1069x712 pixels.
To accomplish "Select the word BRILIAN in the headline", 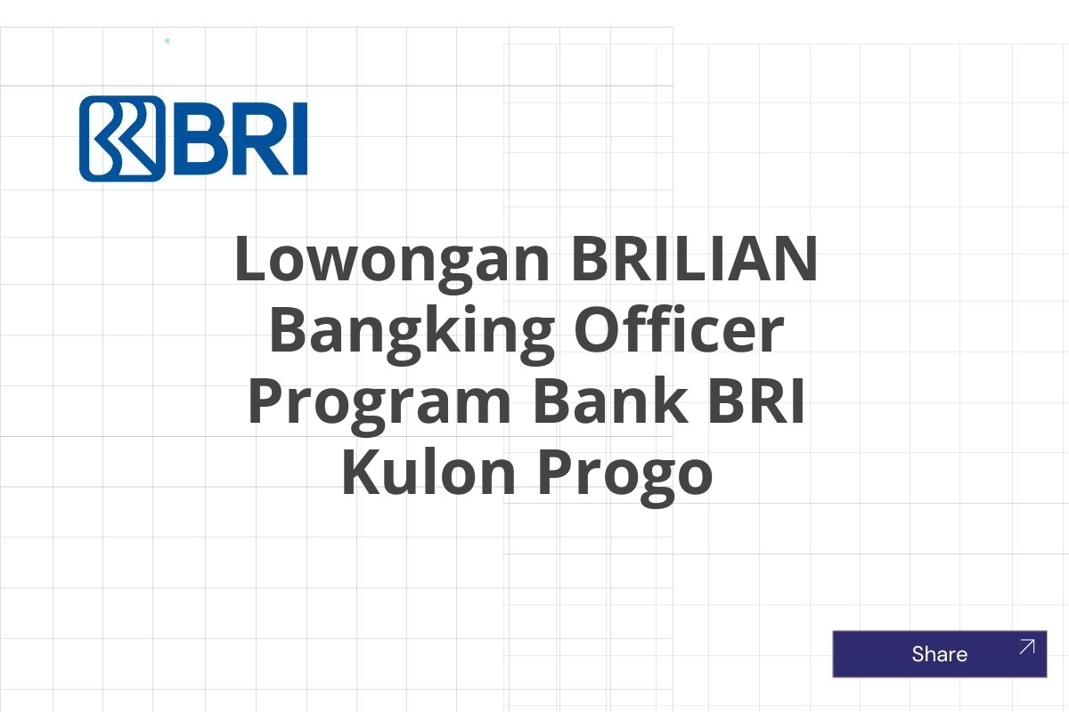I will click(695, 260).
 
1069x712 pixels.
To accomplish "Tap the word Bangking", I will click(411, 331).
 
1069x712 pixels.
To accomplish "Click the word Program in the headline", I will click(379, 402).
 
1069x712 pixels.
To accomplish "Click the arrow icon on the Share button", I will click(1026, 647).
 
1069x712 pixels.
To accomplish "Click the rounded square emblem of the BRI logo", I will click(122, 139).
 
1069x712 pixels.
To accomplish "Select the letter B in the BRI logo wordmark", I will click(197, 139).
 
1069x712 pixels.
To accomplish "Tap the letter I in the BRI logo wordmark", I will click(299, 139).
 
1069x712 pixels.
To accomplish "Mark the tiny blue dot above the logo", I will click(167, 41).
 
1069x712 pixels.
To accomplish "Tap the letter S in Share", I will click(918, 655).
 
